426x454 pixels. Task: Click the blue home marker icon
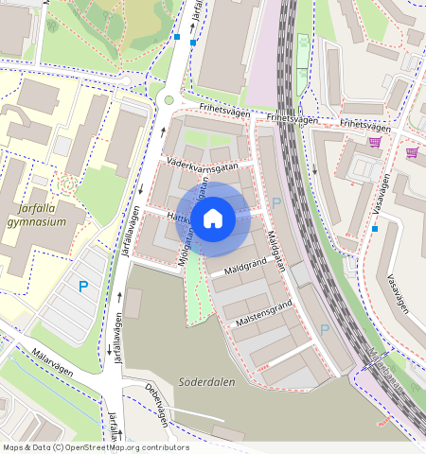[213, 218]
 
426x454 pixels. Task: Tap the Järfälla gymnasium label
[36, 215]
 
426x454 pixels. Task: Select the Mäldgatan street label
[275, 251]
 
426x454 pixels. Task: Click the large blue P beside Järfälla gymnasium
[83, 286]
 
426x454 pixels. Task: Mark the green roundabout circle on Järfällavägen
[169, 100]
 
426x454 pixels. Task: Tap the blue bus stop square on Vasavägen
[375, 229]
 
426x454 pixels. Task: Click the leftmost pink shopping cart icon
[375, 143]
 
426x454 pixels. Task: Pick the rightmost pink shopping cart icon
[412, 151]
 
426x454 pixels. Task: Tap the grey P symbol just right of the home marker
[276, 203]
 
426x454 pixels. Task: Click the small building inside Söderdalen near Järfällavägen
[133, 303]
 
